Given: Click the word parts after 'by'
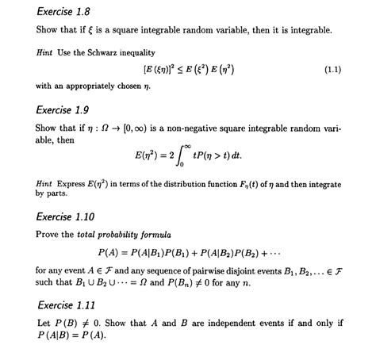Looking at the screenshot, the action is click(56, 193).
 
